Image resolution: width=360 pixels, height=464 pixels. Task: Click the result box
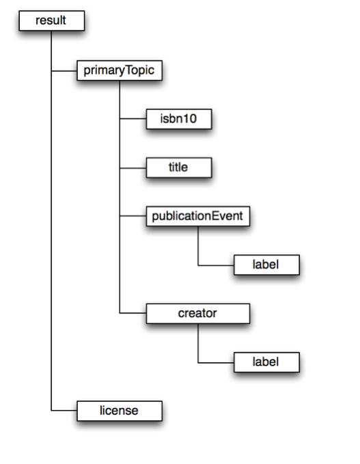coord(52,21)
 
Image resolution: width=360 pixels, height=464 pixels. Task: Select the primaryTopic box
coord(120,70)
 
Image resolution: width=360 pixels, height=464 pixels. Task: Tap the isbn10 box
coord(179,119)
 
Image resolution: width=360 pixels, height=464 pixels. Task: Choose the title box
coord(179,167)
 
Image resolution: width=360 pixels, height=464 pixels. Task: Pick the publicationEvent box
coord(198,217)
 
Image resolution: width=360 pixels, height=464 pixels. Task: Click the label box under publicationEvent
coord(266,265)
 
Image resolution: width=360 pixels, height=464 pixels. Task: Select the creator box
coord(198,314)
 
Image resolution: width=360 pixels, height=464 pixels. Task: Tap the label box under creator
coord(266,362)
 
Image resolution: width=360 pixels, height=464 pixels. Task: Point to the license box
coord(120,411)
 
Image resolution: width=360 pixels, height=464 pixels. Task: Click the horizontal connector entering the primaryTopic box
coord(64,71)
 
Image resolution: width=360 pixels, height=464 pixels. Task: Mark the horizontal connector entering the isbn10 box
coord(133,119)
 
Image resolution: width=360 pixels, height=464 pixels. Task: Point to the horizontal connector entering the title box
coord(133,168)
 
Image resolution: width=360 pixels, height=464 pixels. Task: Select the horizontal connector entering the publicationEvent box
coord(133,216)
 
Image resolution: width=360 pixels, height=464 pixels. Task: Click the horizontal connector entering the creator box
coord(133,313)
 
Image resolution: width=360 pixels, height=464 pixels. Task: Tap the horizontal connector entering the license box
coord(64,411)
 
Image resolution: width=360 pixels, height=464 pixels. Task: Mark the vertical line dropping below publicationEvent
coord(198,246)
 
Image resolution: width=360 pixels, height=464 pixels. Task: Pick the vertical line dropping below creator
coord(198,343)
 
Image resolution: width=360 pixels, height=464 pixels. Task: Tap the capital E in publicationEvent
coord(217,216)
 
